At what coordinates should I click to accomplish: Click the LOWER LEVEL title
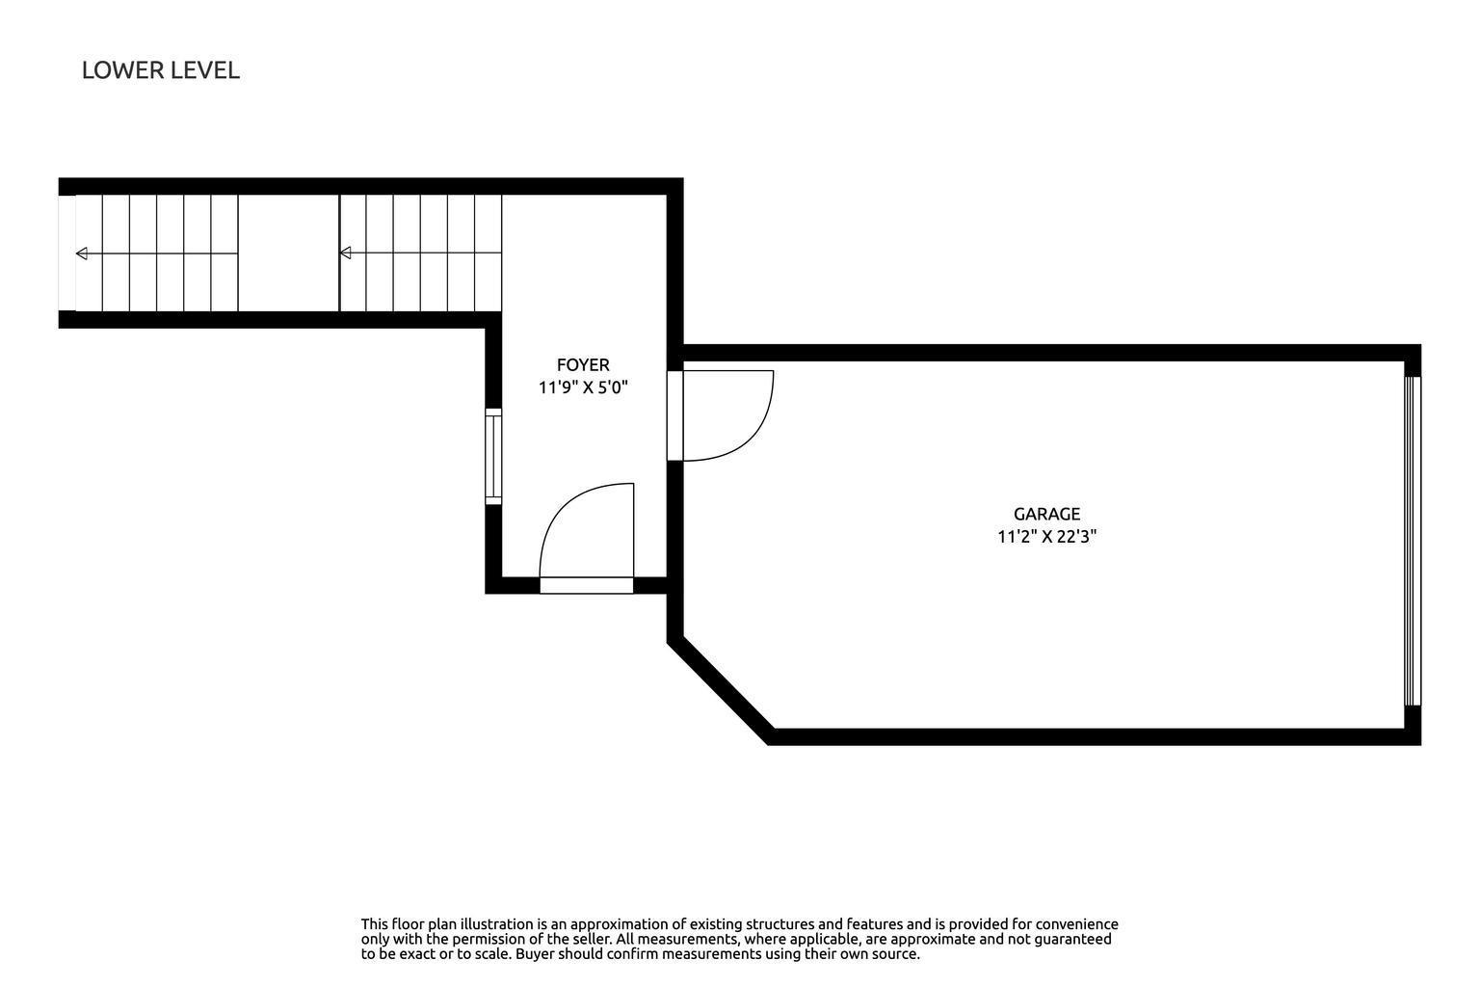161,70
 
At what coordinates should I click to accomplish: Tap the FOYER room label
583,365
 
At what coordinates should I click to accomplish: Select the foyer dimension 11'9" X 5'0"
583,387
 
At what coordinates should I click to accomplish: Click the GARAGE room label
1047,514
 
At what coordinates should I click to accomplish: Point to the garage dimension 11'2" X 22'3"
1047,536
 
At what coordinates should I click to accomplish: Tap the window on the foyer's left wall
493,456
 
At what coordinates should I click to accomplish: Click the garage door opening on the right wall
1412,542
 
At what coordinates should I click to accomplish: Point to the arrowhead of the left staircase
82,253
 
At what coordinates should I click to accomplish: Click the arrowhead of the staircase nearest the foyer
346,253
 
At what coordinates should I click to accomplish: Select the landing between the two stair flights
289,253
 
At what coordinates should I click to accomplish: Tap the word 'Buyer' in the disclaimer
535,954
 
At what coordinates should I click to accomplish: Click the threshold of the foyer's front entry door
587,585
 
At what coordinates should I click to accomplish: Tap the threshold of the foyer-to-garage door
674,415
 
